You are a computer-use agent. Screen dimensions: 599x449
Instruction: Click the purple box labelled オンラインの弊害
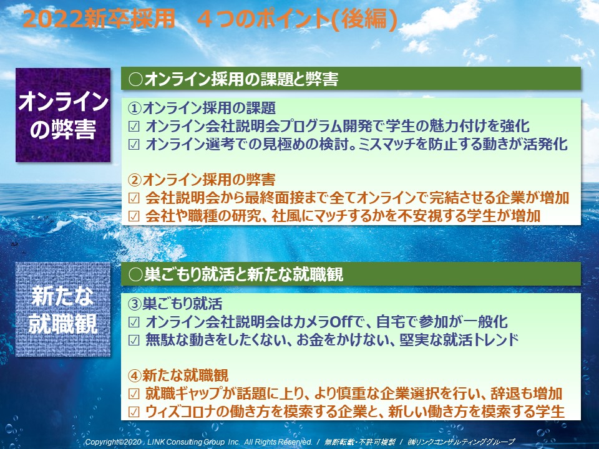pos(63,115)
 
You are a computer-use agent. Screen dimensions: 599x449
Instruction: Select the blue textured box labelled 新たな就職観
pos(63,309)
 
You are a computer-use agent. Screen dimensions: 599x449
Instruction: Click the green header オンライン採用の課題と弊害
pos(351,79)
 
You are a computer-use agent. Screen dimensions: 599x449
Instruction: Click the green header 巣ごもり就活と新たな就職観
pos(351,274)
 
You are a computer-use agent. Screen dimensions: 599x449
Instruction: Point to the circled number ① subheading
pos(135,109)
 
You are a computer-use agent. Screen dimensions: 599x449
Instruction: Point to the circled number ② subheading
pos(135,180)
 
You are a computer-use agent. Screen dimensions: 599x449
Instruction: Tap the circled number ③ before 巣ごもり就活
pos(135,304)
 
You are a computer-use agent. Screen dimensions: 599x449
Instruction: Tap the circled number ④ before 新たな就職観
pos(135,375)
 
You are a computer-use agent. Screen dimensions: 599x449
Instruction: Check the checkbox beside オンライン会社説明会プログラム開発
pos(134,127)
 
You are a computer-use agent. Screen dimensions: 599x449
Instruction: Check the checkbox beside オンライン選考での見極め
pos(134,145)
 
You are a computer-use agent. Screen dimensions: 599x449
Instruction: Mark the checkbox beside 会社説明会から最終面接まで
pos(134,198)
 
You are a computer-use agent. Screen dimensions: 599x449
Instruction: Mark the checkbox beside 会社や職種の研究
pos(134,216)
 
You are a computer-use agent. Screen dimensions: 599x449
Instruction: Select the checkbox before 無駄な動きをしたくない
pos(134,340)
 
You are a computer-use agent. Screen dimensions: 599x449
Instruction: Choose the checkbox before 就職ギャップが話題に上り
pos(134,394)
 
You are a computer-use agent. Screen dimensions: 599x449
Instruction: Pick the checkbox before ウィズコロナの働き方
pos(134,412)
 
